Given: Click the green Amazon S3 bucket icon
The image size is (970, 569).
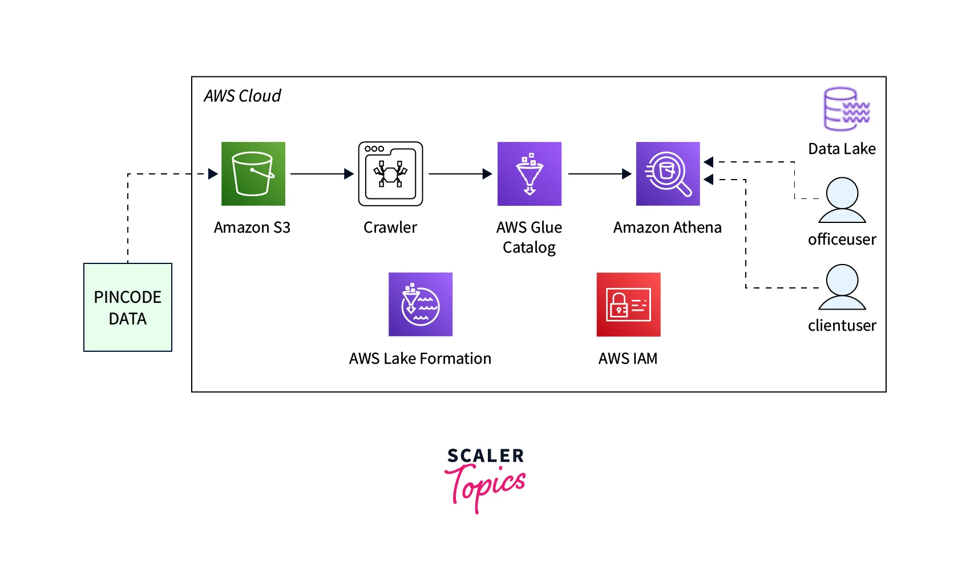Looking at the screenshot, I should [253, 173].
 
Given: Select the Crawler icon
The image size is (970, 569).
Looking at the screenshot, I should [390, 173].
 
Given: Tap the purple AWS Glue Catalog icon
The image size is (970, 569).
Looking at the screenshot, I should [529, 173].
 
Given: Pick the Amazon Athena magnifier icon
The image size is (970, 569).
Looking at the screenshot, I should [668, 173].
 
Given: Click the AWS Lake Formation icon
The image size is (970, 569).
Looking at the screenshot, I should [420, 304].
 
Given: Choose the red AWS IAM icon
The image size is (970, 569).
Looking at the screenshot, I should [628, 304].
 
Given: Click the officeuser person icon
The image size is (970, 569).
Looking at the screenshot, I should [842, 200].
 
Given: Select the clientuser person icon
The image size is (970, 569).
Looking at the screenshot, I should [842, 287].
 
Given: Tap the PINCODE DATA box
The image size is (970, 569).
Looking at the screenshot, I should [128, 307].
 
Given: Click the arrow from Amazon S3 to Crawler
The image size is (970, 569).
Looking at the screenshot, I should [322, 174].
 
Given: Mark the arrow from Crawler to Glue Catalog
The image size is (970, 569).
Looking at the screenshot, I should [460, 174].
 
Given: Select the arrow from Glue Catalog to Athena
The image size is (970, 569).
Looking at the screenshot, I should [599, 174].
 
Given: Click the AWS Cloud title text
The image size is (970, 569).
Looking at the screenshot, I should [242, 96].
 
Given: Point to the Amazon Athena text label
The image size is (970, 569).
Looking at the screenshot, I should [667, 227].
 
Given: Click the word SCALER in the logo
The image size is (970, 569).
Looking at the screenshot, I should [486, 456].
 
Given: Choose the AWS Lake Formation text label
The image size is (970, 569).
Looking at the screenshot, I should [420, 359].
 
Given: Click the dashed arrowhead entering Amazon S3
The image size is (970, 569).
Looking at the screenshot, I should [213, 174].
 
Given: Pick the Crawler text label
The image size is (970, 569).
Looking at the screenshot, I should [390, 227].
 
